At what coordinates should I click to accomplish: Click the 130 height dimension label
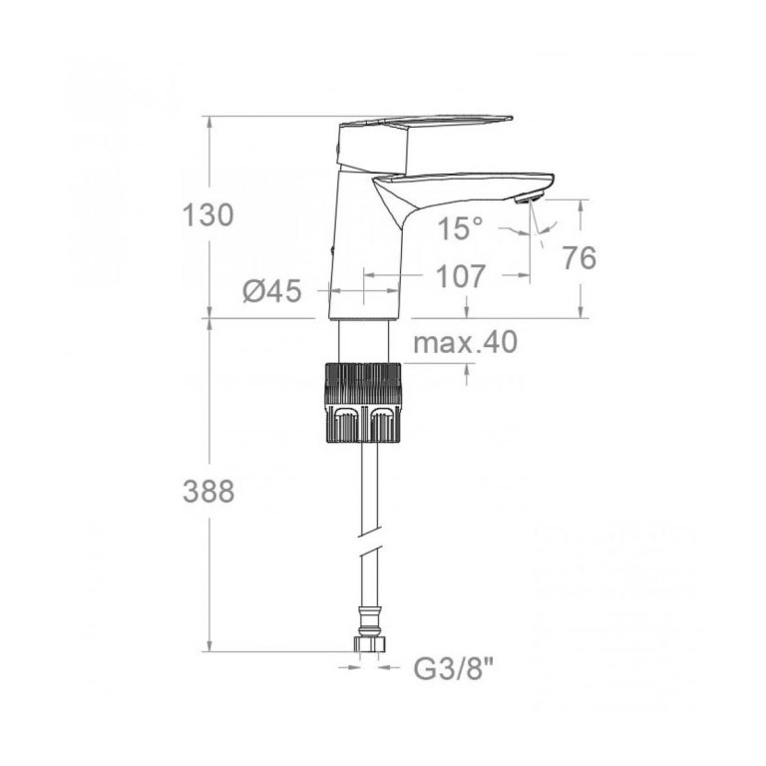(x=208, y=215)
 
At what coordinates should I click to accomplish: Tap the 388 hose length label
(x=208, y=491)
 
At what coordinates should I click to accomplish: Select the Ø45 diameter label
(x=271, y=292)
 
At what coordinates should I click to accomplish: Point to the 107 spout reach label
(x=461, y=276)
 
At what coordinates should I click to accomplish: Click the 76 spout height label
(x=579, y=257)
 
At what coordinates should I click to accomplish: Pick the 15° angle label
(x=460, y=228)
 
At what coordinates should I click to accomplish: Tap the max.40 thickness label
(x=465, y=342)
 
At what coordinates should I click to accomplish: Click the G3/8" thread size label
(x=454, y=670)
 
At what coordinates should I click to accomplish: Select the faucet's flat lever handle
(x=425, y=121)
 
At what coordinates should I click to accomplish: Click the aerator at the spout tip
(x=528, y=198)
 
